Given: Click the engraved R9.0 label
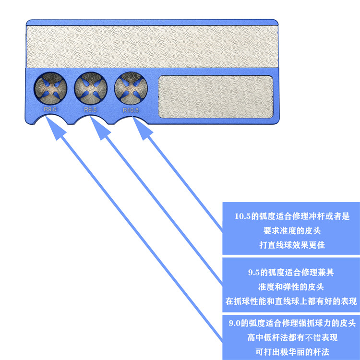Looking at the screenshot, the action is pyautogui.click(x=50, y=109).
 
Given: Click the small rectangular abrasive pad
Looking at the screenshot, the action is pyautogui.click(x=216, y=98).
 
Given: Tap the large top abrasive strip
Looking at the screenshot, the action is pyautogui.click(x=152, y=46).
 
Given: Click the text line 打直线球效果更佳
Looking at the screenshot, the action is pyautogui.click(x=291, y=245).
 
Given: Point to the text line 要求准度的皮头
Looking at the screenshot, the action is pyautogui.click(x=291, y=231).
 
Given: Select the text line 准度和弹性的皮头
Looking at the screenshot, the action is pyautogui.click(x=291, y=287).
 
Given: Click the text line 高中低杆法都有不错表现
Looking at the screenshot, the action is pyautogui.click(x=291, y=337).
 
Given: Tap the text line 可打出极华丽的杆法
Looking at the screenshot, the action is pyautogui.click(x=291, y=352).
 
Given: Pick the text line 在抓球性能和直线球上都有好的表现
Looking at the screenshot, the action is pyautogui.click(x=291, y=301).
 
